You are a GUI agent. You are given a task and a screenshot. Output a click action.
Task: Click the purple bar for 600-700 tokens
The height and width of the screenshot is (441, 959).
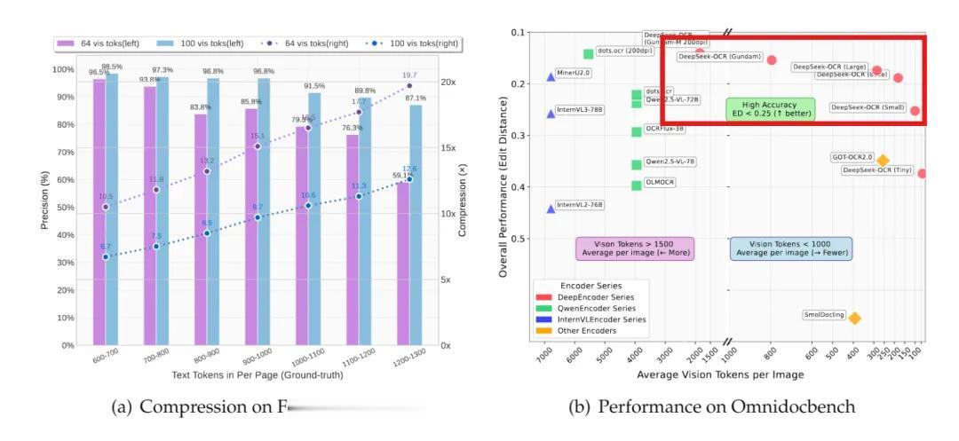click(x=99, y=213)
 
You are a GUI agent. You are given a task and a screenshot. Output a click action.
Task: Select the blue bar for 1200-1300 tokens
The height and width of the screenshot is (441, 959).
click(x=416, y=226)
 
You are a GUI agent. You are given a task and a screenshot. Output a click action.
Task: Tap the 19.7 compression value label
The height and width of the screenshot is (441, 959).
click(x=409, y=75)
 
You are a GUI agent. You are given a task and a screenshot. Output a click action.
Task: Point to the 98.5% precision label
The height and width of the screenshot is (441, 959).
click(x=112, y=67)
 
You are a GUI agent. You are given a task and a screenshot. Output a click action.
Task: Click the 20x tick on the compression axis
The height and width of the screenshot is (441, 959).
click(x=448, y=83)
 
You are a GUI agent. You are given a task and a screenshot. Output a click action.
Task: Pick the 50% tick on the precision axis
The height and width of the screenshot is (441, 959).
click(x=64, y=207)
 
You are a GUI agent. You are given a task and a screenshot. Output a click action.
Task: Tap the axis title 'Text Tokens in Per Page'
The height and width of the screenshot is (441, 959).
click(x=258, y=375)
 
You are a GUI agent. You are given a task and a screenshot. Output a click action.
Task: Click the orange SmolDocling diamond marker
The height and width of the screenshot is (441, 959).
click(x=854, y=318)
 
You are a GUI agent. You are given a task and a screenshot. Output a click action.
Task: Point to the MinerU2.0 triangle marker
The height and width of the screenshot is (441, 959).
click(x=551, y=77)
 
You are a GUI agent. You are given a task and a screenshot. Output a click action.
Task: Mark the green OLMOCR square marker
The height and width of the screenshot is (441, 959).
click(x=637, y=185)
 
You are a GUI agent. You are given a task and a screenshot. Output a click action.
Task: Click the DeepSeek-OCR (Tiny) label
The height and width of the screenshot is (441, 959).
click(x=876, y=169)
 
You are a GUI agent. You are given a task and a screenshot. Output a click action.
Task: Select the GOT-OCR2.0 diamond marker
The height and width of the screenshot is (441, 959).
click(x=883, y=161)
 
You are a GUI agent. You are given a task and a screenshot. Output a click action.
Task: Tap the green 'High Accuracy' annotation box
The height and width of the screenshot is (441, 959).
click(x=770, y=109)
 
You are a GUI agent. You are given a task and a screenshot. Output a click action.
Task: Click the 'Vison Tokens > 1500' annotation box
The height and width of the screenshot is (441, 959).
click(x=635, y=248)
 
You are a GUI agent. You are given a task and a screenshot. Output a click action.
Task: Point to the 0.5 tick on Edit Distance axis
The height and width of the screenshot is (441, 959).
click(x=519, y=239)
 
